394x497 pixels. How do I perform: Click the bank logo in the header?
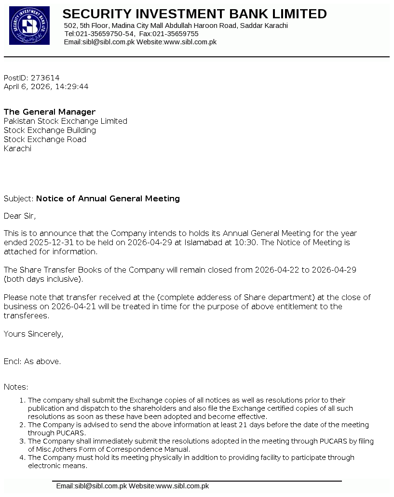(x=29, y=26)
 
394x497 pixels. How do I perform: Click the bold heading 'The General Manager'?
(x=50, y=112)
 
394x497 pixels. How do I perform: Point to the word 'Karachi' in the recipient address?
(x=17, y=149)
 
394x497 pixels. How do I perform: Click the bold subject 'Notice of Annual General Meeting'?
(x=108, y=198)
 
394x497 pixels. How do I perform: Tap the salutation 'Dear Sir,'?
(x=20, y=216)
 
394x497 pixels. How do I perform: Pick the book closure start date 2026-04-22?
(x=277, y=270)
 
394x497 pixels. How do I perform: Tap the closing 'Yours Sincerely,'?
(x=33, y=334)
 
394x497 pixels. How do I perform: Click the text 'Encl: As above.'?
(x=32, y=361)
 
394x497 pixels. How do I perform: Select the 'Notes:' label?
(x=16, y=387)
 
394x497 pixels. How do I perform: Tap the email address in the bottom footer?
(x=91, y=486)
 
